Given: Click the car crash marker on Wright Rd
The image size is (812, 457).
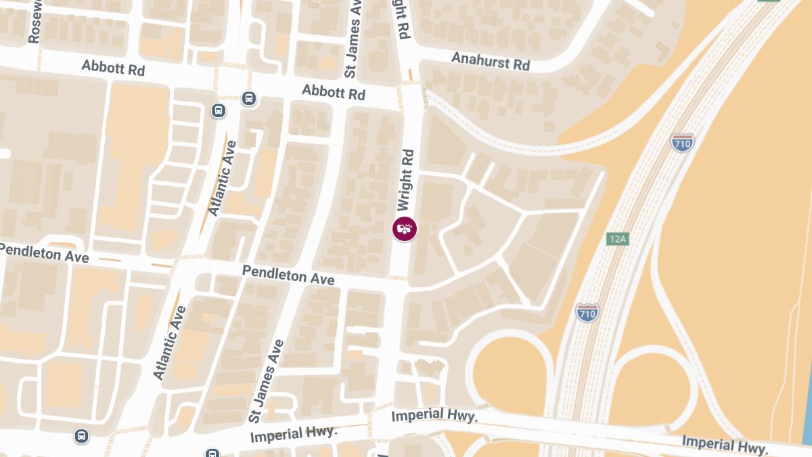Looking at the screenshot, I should coord(405,229).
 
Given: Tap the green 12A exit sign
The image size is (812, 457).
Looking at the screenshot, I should coord(618,239).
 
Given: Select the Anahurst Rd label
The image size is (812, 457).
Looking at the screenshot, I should coord(491,62).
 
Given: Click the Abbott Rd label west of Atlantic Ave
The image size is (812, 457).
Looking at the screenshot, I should coord(113,68).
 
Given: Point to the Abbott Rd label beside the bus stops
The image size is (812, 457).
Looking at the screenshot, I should coord(334,92).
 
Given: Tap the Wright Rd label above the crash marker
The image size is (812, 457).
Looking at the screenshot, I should coord(405,179).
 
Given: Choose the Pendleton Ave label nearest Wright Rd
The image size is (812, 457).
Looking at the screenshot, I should coord(288,275).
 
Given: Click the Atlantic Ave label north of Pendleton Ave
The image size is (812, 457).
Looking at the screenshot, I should coord(223,178).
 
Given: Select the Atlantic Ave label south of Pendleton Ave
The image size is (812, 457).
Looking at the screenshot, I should coord(169,343).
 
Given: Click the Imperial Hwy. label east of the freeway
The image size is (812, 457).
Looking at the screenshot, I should coord(725,445).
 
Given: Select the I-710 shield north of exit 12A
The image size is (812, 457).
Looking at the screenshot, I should coord(681,142).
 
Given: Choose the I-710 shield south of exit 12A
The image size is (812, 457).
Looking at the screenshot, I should coord(587,312).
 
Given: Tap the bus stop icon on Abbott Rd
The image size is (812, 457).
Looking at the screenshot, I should coord(249,99).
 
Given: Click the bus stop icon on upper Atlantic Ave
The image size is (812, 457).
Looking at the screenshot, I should coord(219,110).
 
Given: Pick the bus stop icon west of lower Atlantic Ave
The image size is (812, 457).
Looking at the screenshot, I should coord(82,436).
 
